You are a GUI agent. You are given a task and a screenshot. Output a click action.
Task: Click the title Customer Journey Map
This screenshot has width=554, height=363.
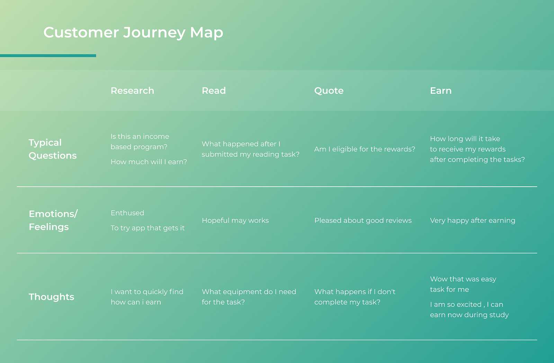133,33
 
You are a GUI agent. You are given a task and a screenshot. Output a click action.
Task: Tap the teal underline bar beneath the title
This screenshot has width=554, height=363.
48,56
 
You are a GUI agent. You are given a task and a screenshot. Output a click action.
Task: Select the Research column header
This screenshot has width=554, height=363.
132,90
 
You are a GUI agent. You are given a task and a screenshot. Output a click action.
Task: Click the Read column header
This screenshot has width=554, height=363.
214,90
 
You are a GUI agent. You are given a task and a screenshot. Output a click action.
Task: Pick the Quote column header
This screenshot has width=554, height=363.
329,91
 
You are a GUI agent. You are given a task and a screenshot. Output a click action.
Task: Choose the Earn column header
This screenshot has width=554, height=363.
441,90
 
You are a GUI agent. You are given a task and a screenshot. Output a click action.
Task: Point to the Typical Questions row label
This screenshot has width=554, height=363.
53,149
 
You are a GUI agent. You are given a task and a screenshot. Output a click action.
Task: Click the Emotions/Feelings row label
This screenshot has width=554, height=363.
53,220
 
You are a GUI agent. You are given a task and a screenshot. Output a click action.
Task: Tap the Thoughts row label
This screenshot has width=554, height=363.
52,297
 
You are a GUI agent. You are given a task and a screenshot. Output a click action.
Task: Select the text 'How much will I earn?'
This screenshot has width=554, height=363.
149,162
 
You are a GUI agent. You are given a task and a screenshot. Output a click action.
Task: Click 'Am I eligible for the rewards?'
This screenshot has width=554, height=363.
365,149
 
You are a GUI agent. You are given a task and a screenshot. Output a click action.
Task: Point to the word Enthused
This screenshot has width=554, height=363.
127,213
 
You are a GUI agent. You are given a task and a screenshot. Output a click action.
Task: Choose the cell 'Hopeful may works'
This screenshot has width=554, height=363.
235,221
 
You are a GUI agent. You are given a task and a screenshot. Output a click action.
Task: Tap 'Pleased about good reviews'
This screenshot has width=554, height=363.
363,221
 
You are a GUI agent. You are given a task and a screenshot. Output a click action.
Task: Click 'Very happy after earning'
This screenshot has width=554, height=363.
473,221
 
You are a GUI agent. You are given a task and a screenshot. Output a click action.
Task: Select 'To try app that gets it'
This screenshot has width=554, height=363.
148,228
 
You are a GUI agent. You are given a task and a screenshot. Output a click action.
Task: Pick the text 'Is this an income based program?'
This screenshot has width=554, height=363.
140,142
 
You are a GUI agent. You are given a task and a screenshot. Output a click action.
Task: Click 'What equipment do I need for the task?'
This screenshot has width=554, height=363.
249,297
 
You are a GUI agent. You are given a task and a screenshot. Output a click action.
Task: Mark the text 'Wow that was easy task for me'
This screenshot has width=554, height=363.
463,284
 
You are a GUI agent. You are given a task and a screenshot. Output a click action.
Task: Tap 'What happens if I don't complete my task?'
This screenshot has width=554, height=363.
355,297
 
